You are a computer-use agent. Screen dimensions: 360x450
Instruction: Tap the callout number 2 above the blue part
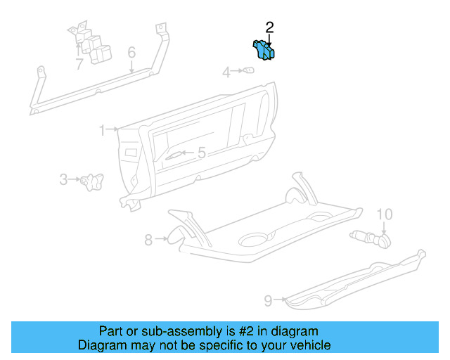(x=269, y=27)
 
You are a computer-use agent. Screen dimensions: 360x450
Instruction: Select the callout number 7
(x=79, y=65)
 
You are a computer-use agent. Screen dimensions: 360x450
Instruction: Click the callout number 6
(x=131, y=53)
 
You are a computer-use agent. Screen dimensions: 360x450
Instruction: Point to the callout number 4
(x=227, y=72)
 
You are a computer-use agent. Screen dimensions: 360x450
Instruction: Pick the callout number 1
(x=102, y=130)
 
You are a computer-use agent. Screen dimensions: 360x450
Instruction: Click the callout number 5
(x=201, y=153)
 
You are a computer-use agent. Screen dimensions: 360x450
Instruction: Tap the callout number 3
(x=63, y=180)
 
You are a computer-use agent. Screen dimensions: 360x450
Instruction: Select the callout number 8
(x=148, y=240)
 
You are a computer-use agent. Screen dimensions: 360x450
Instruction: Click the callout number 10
(x=385, y=214)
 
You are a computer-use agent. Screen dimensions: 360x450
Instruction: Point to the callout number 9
(x=268, y=301)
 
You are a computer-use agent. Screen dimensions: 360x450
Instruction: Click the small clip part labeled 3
(x=91, y=181)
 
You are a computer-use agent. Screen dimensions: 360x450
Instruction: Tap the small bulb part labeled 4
(x=248, y=70)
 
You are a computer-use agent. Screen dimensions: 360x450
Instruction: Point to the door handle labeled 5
(x=174, y=155)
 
